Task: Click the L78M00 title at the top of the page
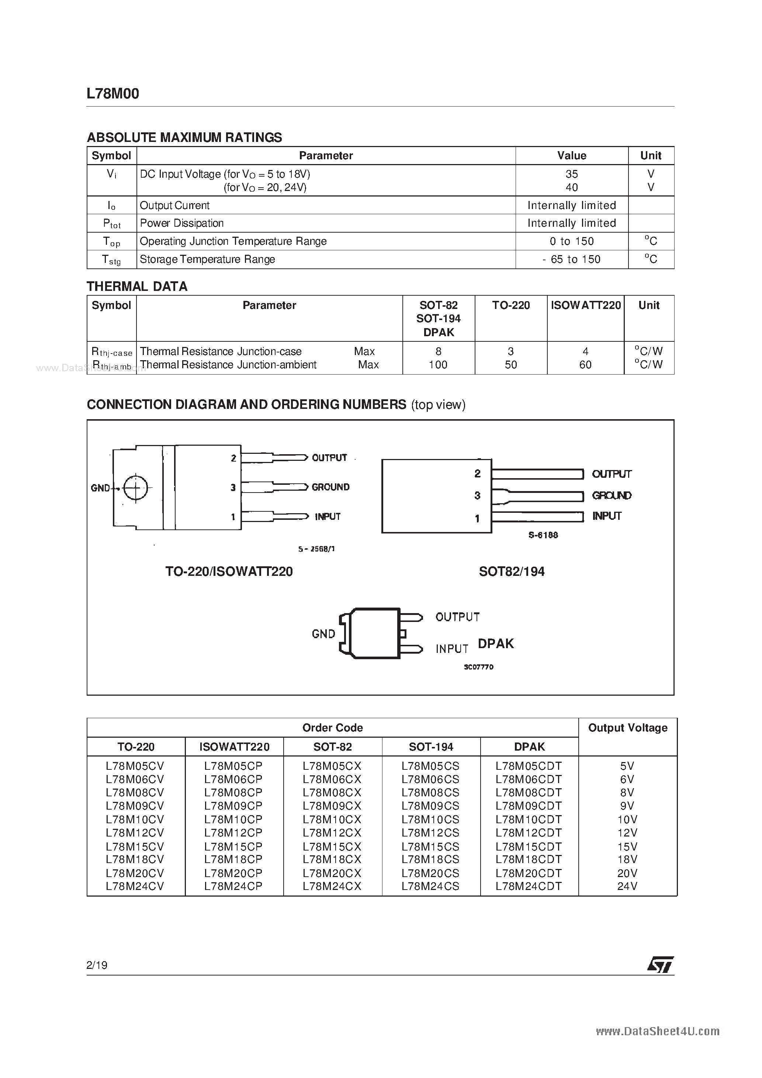[x=113, y=94]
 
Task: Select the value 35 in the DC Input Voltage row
[x=571, y=174]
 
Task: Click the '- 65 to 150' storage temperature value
[x=571, y=259]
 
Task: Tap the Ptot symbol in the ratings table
[x=112, y=223]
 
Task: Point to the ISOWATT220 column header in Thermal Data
[x=585, y=305]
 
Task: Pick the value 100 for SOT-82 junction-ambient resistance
[x=438, y=365]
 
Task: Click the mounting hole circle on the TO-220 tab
[x=136, y=488]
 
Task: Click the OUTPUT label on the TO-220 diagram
[x=329, y=458]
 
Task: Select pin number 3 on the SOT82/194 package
[x=477, y=495]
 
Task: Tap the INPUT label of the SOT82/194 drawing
[x=606, y=516]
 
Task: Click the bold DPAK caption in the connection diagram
[x=496, y=644]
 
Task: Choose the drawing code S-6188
[x=543, y=535]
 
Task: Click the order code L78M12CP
[x=233, y=832]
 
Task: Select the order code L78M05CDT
[x=529, y=766]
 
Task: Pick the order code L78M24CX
[x=332, y=886]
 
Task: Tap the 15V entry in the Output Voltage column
[x=627, y=846]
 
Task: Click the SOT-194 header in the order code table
[x=431, y=747]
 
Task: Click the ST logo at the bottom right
[x=660, y=965]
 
